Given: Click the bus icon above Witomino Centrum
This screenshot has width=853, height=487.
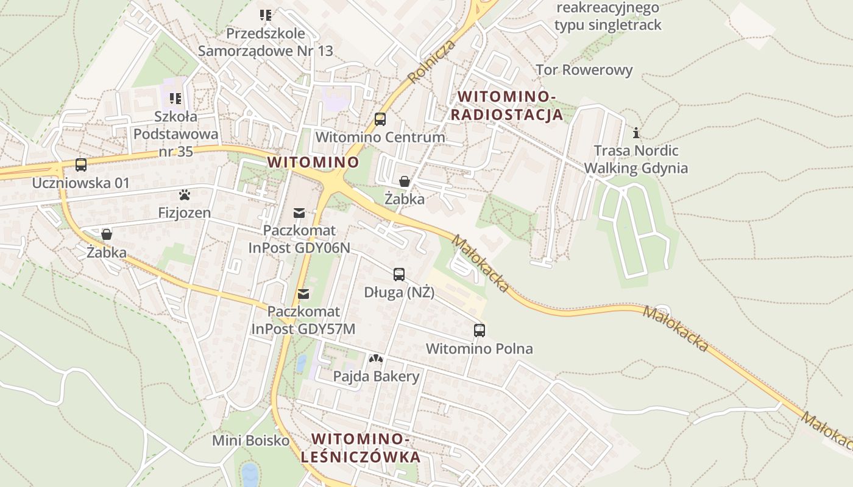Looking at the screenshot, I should tap(380, 119).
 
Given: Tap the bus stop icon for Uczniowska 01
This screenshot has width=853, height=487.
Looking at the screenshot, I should tap(81, 164).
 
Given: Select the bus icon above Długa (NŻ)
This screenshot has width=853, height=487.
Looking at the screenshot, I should tap(399, 275).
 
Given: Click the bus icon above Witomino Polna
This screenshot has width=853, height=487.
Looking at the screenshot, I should tap(480, 331).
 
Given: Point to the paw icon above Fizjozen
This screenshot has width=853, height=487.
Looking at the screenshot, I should tap(185, 195).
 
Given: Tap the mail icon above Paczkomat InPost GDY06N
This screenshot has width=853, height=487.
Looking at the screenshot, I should tap(299, 212).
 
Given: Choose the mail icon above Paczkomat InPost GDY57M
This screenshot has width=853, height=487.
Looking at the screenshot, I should tap(303, 294).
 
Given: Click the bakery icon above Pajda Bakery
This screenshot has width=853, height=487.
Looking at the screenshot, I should tap(376, 359).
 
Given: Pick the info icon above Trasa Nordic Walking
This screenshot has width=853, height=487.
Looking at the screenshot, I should tap(636, 133).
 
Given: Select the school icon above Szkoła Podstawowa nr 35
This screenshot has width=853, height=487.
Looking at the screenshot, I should tap(176, 98).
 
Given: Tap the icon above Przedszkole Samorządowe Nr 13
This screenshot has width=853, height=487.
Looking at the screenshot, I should tap(266, 15).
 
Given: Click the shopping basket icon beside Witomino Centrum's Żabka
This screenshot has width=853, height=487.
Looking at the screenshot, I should tap(404, 181).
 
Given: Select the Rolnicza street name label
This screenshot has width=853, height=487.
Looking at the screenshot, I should tap(432, 62).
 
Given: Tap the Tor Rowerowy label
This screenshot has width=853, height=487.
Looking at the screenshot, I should tap(584, 70).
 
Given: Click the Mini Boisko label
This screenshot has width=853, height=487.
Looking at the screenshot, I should tap(250, 440).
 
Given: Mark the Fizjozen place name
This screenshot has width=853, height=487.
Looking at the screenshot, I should tap(185, 213).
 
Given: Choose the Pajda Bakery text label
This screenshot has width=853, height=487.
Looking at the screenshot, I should tap(376, 376).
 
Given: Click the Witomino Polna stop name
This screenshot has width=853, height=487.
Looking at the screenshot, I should tap(480, 349).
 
